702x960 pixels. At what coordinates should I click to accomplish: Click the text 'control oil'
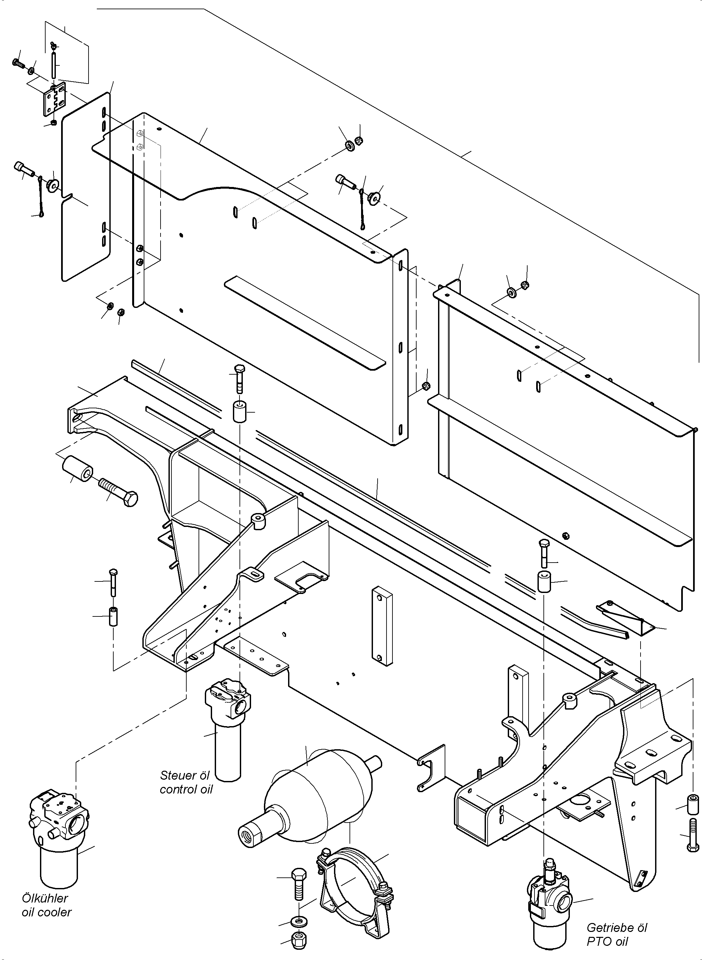tap(186, 790)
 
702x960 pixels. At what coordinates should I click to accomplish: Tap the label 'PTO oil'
tap(607, 941)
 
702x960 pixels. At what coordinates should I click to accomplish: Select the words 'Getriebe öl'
tap(616, 928)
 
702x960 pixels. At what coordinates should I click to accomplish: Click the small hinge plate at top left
tap(55, 100)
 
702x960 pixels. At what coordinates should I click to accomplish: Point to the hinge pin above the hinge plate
tap(54, 64)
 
